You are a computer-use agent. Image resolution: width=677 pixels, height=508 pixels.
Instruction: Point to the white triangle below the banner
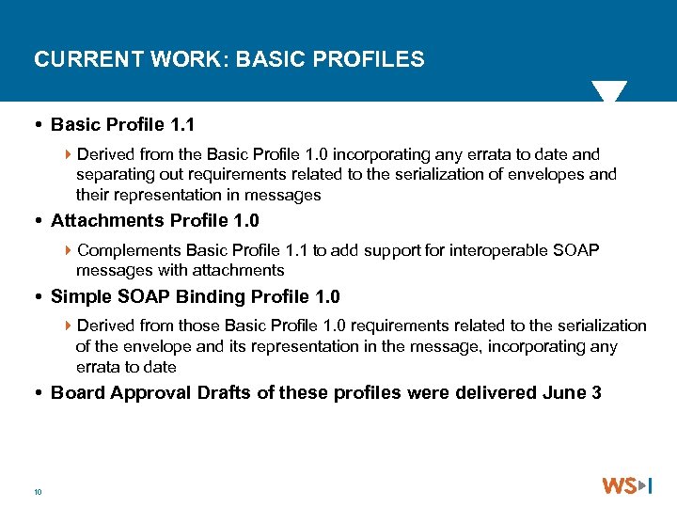[608, 91]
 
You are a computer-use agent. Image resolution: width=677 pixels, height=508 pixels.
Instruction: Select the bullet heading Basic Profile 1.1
[122, 124]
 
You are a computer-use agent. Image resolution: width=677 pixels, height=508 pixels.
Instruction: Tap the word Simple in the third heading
[80, 297]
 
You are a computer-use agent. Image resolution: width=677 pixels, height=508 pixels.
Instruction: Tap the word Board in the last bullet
[78, 393]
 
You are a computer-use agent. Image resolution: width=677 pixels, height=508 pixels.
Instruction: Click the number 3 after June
[596, 393]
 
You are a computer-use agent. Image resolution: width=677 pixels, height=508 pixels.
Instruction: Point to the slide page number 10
[38, 491]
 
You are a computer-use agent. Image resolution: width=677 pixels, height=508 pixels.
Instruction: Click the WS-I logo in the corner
[627, 486]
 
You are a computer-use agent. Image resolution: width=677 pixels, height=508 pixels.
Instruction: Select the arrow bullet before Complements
[70, 250]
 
